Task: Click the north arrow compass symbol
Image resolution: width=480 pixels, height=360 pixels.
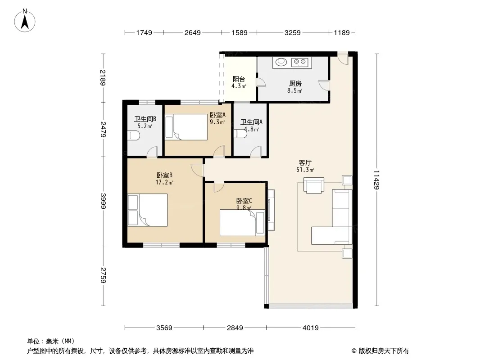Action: (x=25, y=20)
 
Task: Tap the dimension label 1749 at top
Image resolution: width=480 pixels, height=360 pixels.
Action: (x=144, y=33)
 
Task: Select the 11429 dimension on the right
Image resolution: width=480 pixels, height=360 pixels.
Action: (x=376, y=180)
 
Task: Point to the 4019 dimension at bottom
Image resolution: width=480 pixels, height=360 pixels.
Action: (x=310, y=328)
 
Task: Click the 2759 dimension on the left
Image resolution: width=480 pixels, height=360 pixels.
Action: (x=103, y=275)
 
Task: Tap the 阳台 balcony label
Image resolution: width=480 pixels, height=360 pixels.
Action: (x=239, y=79)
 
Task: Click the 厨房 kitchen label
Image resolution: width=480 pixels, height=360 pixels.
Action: (x=295, y=83)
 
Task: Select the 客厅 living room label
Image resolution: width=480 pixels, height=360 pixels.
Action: (x=305, y=162)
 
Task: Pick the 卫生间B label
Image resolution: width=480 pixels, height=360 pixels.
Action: (x=145, y=119)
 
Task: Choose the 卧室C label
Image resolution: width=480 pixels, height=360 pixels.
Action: (x=244, y=201)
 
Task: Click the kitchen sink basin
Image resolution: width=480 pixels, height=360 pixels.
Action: (x=281, y=62)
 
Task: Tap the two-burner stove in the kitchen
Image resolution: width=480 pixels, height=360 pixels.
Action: (x=300, y=62)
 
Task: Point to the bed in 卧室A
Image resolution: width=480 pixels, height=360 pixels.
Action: (x=186, y=127)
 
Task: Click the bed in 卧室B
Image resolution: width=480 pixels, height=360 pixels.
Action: (x=148, y=210)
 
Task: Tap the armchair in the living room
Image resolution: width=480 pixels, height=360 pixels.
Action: (x=314, y=185)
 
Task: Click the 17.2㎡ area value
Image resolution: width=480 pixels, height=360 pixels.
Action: (x=164, y=183)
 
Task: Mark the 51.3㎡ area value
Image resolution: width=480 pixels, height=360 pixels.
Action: (x=305, y=170)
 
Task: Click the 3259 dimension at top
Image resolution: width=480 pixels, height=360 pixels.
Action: (x=292, y=33)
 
